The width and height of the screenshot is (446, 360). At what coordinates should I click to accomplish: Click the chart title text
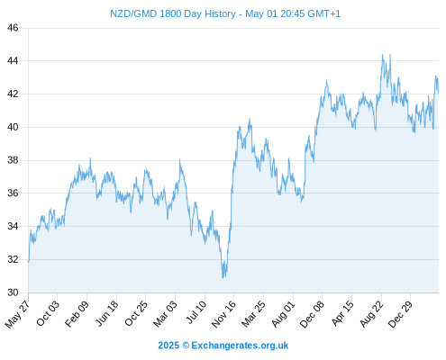[x=225, y=13]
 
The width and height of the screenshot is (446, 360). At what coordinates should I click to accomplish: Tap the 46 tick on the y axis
[x=13, y=28]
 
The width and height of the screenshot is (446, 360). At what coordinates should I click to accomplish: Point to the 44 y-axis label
[x=13, y=61]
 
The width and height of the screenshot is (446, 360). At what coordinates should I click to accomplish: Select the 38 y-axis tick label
[x=13, y=160]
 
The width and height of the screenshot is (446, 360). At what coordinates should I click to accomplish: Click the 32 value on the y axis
[x=13, y=259]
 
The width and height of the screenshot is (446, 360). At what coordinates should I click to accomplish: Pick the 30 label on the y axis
[x=13, y=292]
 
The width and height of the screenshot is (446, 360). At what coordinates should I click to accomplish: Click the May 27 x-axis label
[x=17, y=314]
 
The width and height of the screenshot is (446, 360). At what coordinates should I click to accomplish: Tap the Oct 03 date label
[x=48, y=313]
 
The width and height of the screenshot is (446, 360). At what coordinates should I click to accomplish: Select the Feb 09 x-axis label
[x=77, y=313]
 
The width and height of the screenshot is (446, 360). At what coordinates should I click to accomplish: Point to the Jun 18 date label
[x=106, y=313]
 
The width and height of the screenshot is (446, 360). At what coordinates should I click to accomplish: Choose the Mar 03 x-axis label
[x=165, y=314]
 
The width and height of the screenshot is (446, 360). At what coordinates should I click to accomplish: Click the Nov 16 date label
[x=223, y=314]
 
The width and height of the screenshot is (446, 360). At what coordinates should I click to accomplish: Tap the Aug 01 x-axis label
[x=283, y=314]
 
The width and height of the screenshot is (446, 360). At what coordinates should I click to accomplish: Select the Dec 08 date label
[x=312, y=314]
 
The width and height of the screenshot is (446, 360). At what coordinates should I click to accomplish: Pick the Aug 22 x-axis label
[x=371, y=314]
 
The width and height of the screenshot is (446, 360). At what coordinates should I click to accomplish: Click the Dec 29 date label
[x=400, y=314]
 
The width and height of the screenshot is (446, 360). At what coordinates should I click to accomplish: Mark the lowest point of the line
[x=223, y=278]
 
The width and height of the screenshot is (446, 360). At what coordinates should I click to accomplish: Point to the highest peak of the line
[x=382, y=54]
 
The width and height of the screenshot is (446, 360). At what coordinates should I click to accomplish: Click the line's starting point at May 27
[x=29, y=262]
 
